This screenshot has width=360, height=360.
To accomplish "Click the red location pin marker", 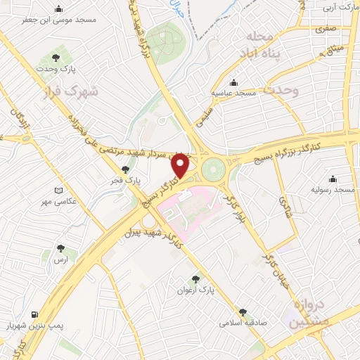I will pos(181,165).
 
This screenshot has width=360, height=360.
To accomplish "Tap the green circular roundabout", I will pos(212,169).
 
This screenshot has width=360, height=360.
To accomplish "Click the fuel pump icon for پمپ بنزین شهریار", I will pos(35,314).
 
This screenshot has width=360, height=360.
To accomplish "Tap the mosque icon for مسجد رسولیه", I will pos(332,180).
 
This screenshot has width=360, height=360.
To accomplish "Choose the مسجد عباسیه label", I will pos(236,94).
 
